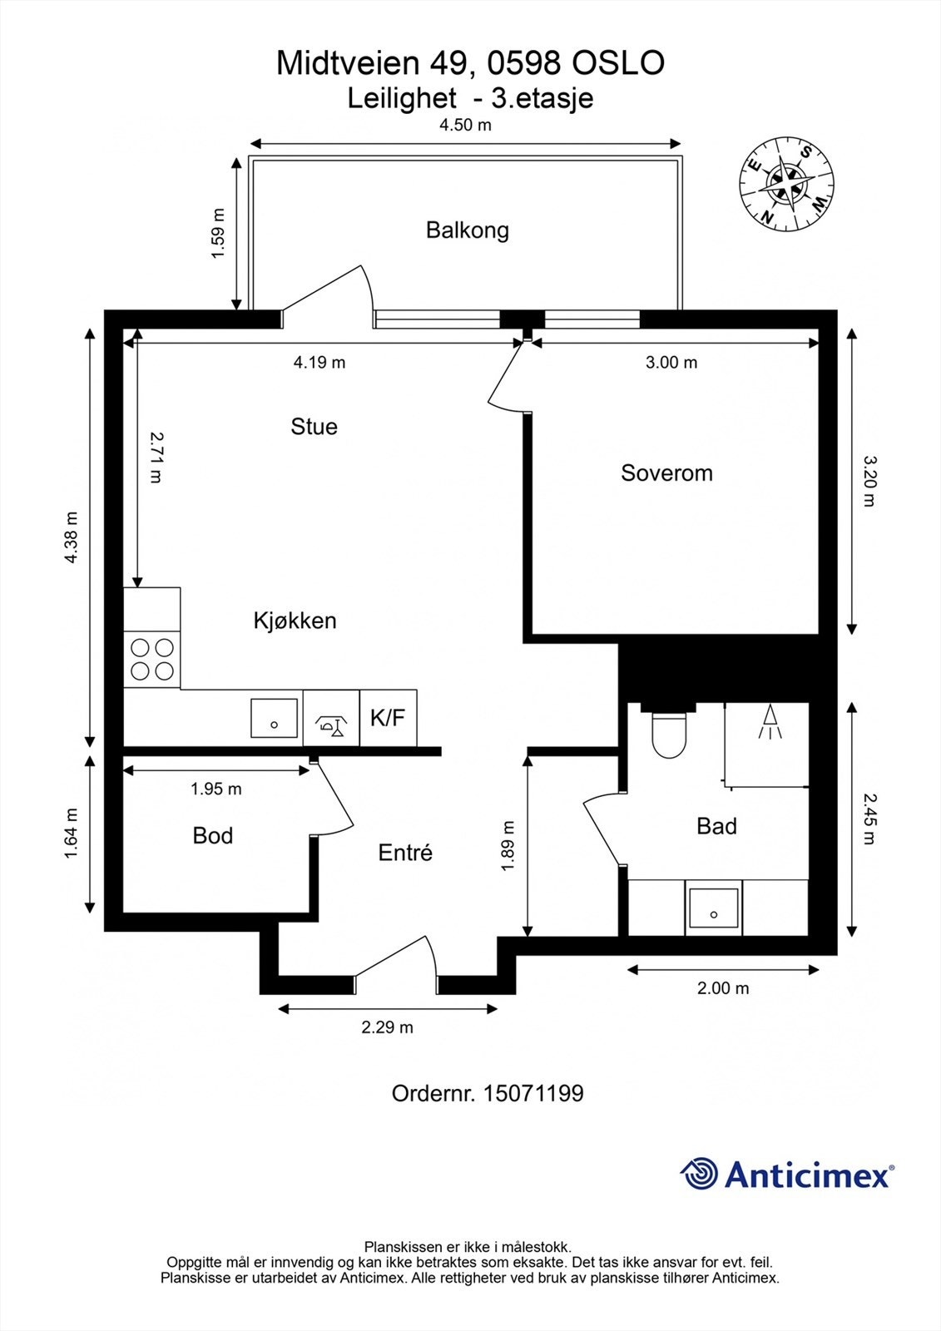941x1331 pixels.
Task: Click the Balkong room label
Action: [x=468, y=230]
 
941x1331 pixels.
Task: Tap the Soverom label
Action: [x=666, y=473]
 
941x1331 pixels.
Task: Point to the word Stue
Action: [x=314, y=427]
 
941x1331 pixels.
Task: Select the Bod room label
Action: [x=213, y=836]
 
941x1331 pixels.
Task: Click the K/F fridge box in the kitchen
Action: [x=389, y=718]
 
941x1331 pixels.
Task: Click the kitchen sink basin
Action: [x=274, y=718]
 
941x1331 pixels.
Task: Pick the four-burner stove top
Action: [x=152, y=659]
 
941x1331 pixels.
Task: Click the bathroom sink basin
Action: [x=713, y=908]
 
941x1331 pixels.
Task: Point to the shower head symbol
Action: [x=770, y=721]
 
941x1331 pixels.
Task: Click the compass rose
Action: [x=786, y=183]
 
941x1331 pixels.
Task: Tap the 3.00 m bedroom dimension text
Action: [x=671, y=362]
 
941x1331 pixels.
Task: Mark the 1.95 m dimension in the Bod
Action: [x=215, y=789]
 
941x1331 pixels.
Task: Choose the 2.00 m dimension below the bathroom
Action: [x=723, y=988]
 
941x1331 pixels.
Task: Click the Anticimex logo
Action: [x=787, y=1174]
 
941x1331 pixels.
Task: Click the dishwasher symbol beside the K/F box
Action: [x=331, y=718]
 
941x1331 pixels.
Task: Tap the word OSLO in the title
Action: [x=617, y=63]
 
